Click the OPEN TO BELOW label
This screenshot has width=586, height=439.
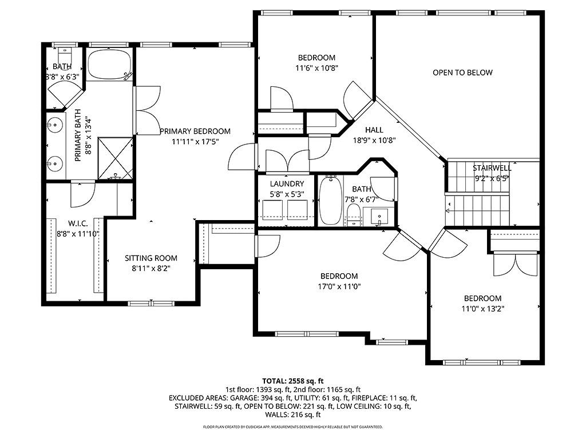tap(462, 73)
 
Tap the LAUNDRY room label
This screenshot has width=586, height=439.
tap(287, 184)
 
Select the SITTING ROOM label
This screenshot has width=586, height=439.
tap(151, 258)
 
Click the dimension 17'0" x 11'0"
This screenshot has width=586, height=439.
tap(339, 286)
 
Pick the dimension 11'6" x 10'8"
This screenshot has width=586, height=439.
tap(316, 67)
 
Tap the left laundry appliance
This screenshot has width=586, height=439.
tap(272, 210)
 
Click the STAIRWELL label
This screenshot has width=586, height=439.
tap(492, 168)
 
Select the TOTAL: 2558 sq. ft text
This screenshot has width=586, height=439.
tap(293, 381)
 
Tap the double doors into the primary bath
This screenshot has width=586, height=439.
tap(146, 110)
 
